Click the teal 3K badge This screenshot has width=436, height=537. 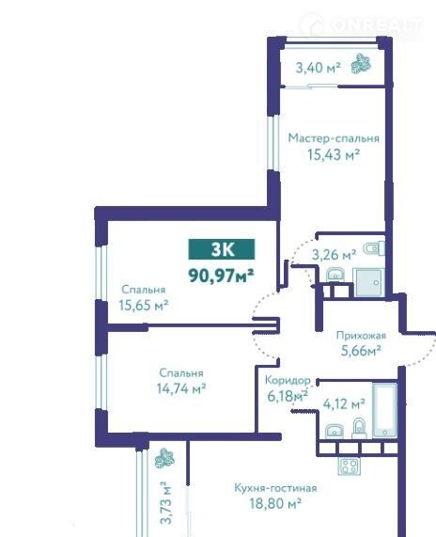tap(222, 249)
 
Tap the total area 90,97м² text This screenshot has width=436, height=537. tap(221, 275)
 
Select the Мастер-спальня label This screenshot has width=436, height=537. tap(334, 138)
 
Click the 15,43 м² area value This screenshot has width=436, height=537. tap(334, 155)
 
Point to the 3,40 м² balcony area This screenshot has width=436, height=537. tap(319, 68)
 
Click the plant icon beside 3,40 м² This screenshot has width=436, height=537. tap(361, 63)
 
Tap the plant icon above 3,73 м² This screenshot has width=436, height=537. tap(164, 458)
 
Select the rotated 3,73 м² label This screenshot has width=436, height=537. tap(165, 502)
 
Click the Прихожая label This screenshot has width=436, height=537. tap(361, 336)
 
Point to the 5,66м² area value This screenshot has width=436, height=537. tap(361, 351)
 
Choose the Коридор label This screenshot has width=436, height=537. tap(288, 380)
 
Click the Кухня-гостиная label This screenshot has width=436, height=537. tap(275, 488)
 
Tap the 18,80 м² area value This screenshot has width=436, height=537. tap(275, 503)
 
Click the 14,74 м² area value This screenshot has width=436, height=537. tap(181, 388)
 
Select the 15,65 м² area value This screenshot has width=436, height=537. tap(144, 305)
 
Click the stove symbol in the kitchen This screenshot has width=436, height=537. tap(349, 466)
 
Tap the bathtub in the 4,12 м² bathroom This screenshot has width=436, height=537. tap(384, 410)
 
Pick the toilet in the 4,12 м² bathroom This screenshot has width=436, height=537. tap(359, 428)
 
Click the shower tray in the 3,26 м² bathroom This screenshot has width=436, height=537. tap(369, 282)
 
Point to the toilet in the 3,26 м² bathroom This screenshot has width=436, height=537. tap(374, 248)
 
